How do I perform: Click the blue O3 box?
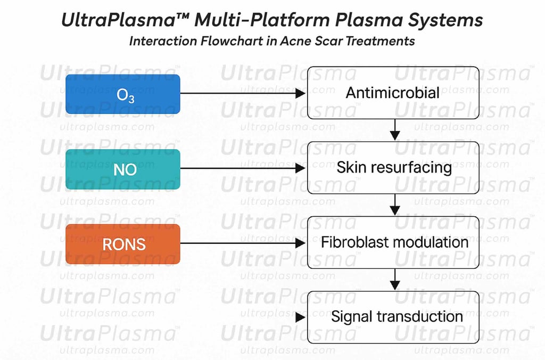pyautogui.click(x=122, y=94)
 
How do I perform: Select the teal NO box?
pyautogui.click(x=122, y=169)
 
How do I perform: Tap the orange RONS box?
pyautogui.click(x=122, y=243)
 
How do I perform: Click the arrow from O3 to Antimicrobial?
pyautogui.click(x=243, y=94)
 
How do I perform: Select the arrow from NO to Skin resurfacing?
pyautogui.click(x=243, y=168)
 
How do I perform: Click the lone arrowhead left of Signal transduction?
pyautogui.click(x=300, y=317)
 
